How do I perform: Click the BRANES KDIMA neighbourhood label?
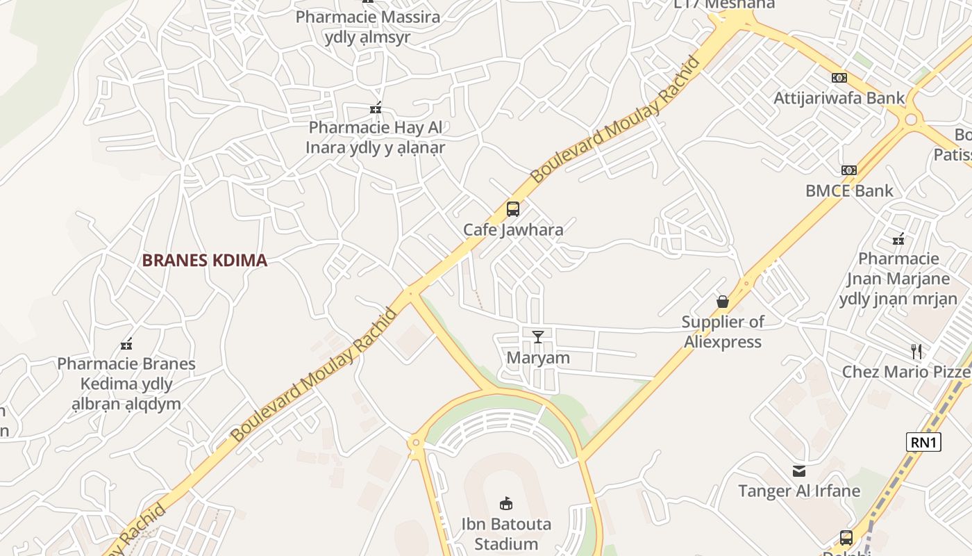point(204,261)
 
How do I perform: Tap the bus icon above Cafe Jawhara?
point(512,208)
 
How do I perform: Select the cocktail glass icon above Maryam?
point(538,337)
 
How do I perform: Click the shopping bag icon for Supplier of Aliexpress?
point(723,302)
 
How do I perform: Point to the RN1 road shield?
point(923,442)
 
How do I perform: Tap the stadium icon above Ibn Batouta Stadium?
point(506,504)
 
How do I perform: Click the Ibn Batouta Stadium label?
point(506,534)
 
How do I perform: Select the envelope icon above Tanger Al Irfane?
point(799,471)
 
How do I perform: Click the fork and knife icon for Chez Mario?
point(916,351)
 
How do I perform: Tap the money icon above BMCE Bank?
point(848,170)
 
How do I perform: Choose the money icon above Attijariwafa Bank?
point(839,78)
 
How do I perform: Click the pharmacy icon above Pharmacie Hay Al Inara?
point(376,108)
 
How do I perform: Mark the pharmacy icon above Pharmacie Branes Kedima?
point(126,344)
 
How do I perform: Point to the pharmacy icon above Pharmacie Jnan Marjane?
point(898,240)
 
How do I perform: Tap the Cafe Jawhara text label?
point(513,229)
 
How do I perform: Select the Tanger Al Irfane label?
point(799,491)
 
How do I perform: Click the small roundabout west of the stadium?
point(416,442)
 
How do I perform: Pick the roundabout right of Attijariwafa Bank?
point(911,120)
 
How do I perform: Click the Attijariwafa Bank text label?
point(839,98)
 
